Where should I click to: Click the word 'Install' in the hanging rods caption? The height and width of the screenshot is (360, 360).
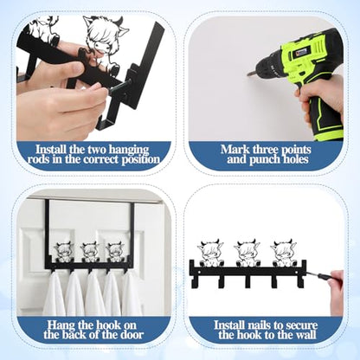(x=51, y=150)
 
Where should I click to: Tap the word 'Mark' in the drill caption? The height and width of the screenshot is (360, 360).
(x=235, y=150)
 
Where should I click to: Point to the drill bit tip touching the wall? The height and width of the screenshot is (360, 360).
(x=248, y=74)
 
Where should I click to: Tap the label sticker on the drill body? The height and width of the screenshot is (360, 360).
(x=298, y=55)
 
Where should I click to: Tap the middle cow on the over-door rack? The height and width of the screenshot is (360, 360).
(x=90, y=251)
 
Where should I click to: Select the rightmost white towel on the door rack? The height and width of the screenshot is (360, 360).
(x=132, y=292)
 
